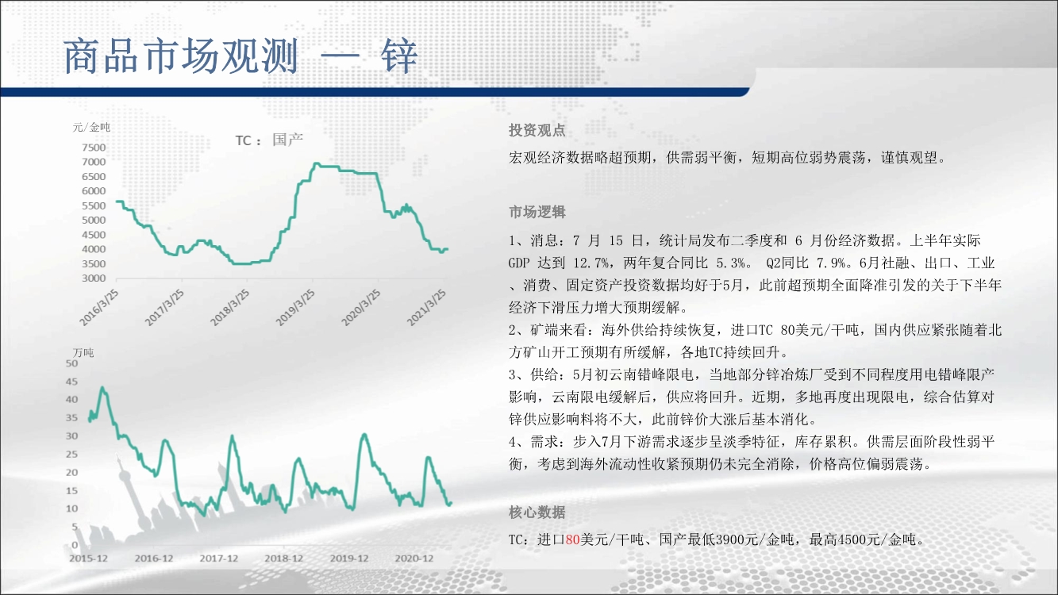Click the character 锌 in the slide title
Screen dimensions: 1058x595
399,56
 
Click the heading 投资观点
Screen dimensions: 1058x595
537,130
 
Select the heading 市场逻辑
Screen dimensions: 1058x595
537,212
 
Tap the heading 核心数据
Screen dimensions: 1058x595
537,512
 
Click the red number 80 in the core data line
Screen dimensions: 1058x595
572,539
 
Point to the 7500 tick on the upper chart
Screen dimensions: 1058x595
94,148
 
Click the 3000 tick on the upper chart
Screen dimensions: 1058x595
94,278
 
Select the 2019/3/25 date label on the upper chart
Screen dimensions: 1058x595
296,308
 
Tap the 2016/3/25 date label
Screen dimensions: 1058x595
99,308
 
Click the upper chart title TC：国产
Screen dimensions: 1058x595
269,140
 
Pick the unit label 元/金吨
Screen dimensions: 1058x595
91,128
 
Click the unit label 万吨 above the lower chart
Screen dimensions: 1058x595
83,353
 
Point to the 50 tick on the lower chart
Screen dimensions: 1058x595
71,363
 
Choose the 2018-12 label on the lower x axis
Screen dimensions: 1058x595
283,559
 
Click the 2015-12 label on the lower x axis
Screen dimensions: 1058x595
88,559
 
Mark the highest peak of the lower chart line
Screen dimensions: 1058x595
102,388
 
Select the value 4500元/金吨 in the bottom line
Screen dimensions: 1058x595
876,539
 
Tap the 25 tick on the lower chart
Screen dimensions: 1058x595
71,455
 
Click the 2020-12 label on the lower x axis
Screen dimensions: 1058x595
414,559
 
